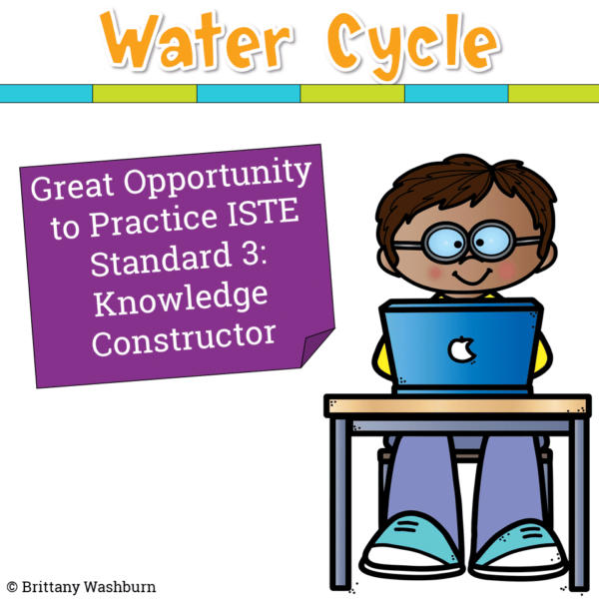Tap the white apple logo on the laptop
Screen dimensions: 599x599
coord(460,349)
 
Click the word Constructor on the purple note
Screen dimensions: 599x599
coord(183,337)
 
